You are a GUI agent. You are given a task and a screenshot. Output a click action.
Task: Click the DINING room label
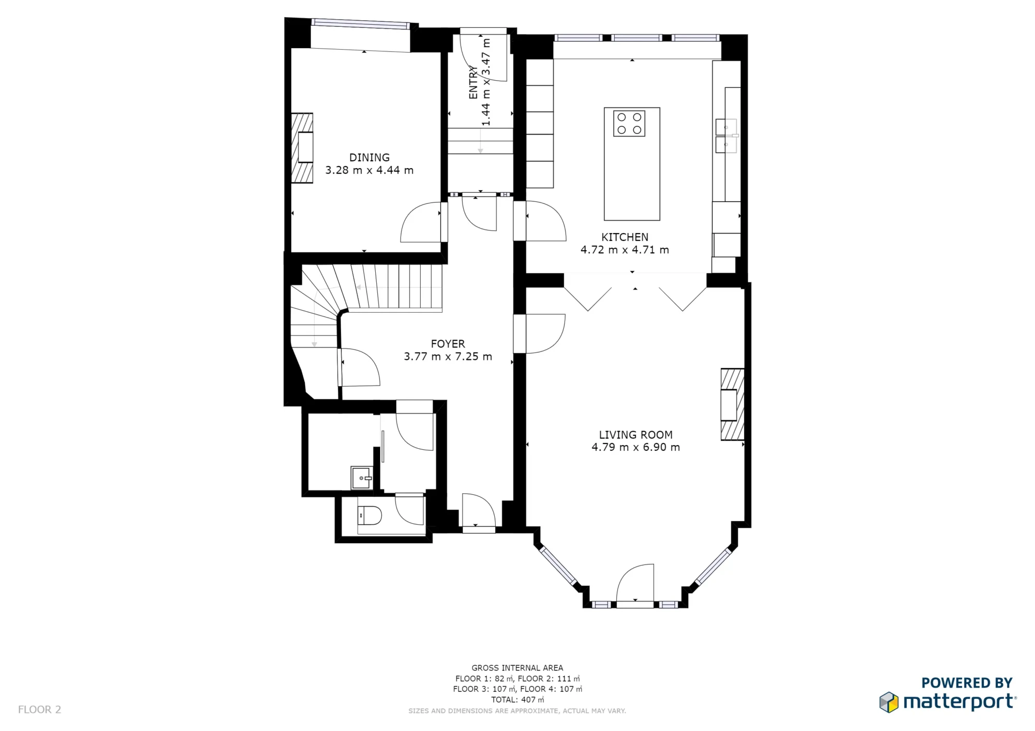click(x=369, y=158)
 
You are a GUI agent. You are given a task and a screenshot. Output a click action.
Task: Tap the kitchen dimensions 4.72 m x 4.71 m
click(x=625, y=250)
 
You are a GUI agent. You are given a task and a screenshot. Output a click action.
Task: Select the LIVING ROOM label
click(x=635, y=435)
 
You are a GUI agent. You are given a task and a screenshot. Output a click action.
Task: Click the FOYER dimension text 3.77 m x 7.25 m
click(x=448, y=357)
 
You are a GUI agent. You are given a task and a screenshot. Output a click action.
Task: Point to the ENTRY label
click(x=473, y=82)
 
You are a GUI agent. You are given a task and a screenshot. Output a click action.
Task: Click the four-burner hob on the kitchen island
click(x=629, y=124)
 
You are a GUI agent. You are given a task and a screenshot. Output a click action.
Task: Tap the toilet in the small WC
click(x=369, y=515)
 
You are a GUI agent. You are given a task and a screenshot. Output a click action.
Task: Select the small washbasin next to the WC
click(x=361, y=478)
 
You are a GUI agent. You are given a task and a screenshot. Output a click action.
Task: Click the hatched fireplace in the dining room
click(x=303, y=148)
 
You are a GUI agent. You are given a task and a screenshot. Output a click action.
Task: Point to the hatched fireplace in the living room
click(x=732, y=404)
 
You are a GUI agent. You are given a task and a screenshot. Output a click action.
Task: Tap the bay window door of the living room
click(x=635, y=584)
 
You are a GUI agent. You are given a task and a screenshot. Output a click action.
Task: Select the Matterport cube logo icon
click(x=889, y=702)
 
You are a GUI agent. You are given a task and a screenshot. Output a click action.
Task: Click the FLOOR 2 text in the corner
click(x=39, y=710)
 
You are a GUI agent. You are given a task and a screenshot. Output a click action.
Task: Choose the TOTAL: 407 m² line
click(x=517, y=700)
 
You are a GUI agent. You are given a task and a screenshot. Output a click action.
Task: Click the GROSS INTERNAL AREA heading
click(x=517, y=668)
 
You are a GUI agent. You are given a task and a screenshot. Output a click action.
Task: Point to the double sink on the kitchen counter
click(x=726, y=136)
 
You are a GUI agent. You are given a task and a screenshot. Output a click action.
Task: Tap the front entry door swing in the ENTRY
click(x=482, y=57)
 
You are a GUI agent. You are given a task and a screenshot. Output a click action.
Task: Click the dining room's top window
click(x=361, y=24)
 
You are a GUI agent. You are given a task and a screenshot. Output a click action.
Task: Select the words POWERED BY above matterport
click(x=966, y=683)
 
